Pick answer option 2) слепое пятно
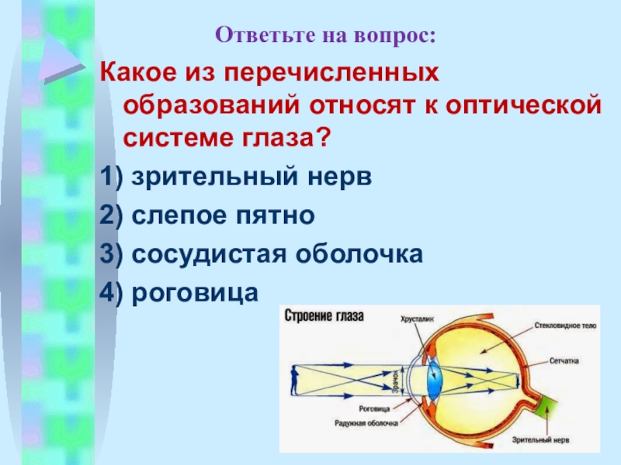click(207, 215)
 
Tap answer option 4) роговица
click(177, 291)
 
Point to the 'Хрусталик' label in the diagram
click(417, 318)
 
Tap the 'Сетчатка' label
click(565, 362)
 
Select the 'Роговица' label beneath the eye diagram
click(376, 408)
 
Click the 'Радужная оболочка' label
click(366, 424)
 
